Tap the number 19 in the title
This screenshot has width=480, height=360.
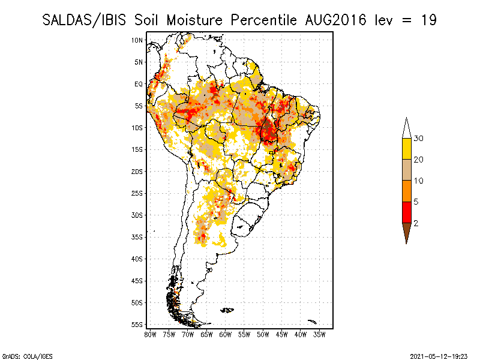(x=428, y=20)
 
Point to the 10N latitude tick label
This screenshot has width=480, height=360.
(x=137, y=40)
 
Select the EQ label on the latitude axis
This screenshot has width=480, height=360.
(x=139, y=84)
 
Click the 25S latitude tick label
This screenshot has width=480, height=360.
(x=137, y=193)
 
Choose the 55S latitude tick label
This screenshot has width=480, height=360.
(x=137, y=325)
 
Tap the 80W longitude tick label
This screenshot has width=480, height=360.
(x=150, y=334)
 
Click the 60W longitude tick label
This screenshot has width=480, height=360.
(x=226, y=334)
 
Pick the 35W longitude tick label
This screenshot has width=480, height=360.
(x=320, y=334)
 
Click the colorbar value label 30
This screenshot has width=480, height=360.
(x=419, y=139)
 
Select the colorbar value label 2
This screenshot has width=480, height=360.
(x=416, y=223)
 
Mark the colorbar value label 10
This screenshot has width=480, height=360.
(x=419, y=181)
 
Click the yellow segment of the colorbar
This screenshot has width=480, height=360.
(x=406, y=149)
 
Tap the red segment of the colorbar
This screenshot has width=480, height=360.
(x=406, y=212)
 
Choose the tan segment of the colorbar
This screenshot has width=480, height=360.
(x=406, y=170)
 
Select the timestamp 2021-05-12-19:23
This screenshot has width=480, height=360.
(x=439, y=356)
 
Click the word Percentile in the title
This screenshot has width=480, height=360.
(x=259, y=20)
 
